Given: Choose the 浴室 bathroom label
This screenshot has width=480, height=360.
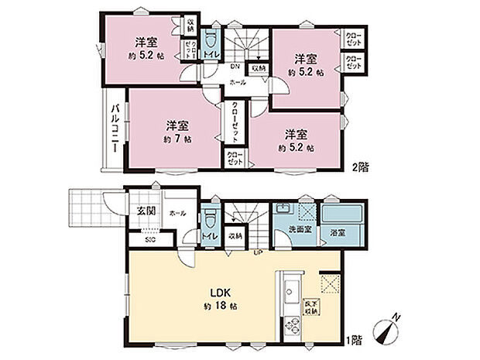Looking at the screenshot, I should coord(338,230).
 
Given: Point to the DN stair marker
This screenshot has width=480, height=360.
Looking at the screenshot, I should coord(235,68).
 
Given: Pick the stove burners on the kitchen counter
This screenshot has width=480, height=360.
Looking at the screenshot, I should coord(292,325).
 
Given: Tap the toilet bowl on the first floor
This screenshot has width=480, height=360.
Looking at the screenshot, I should coord(207,219).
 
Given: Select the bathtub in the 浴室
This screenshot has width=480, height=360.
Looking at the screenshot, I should coord(338,213).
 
